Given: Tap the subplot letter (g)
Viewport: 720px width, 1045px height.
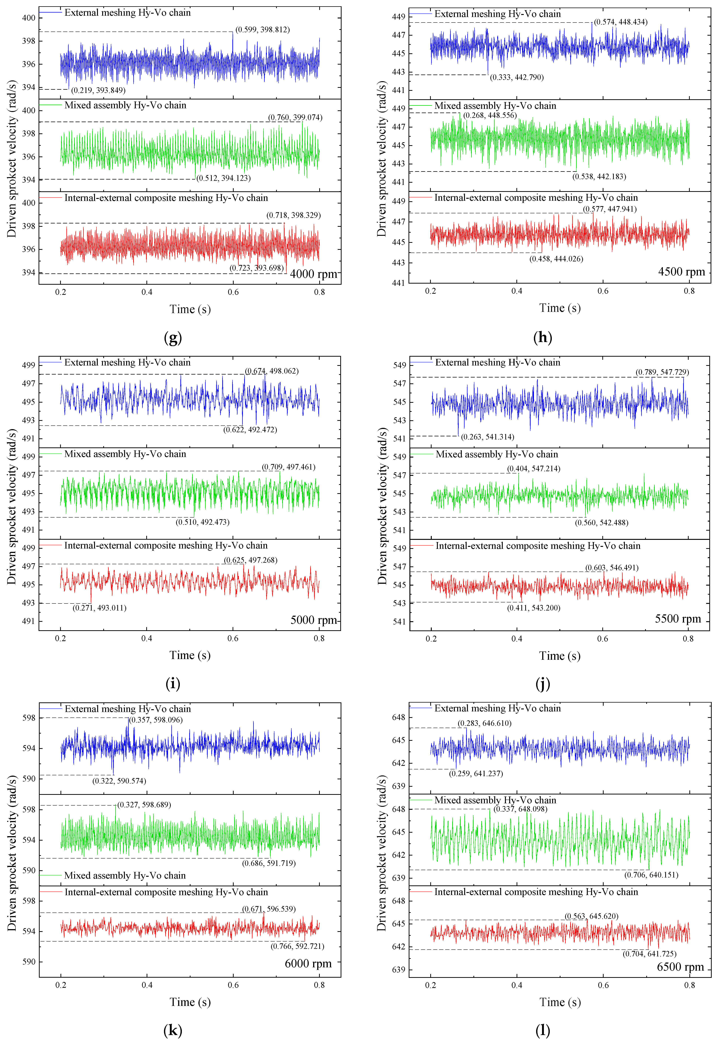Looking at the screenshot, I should click(173, 337).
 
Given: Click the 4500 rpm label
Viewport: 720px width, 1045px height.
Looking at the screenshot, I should click(681, 272).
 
